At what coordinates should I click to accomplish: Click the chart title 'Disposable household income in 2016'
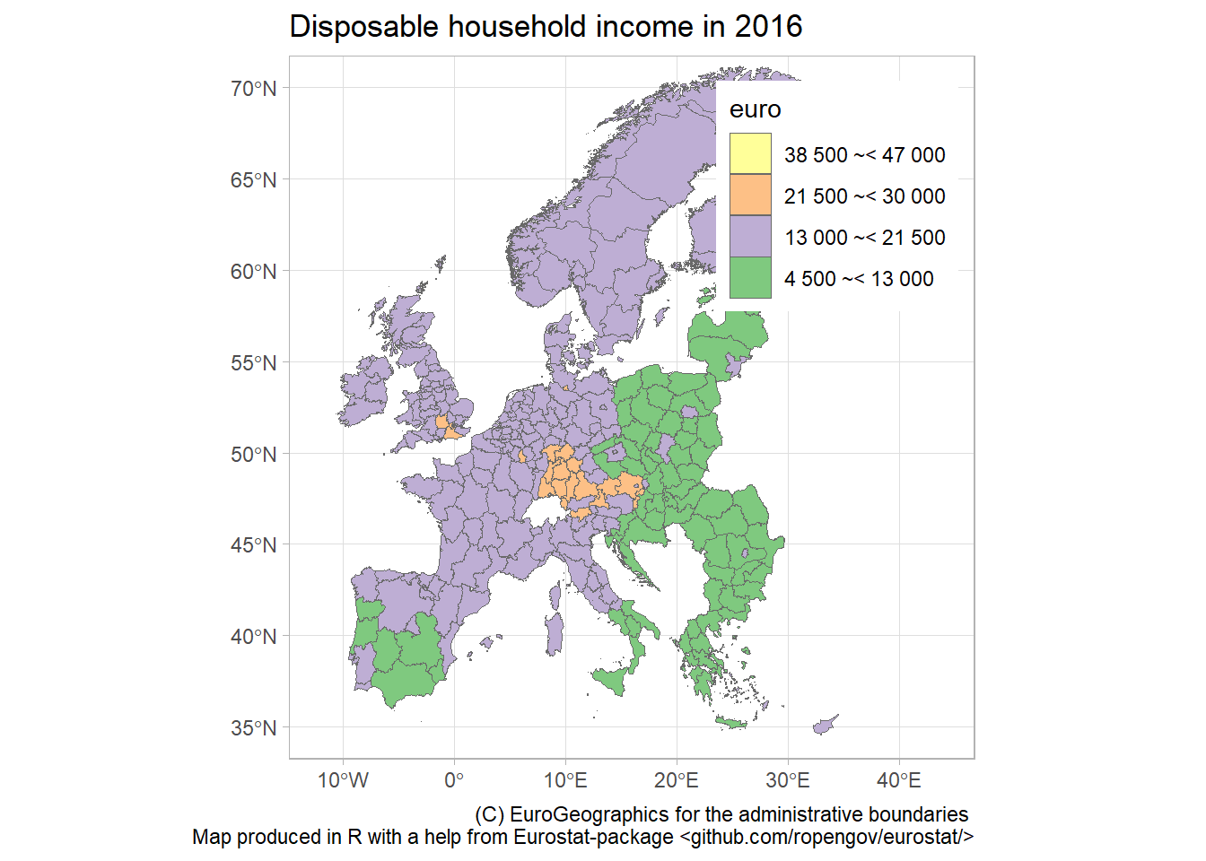pos(546,27)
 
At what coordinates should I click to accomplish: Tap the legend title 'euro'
pos(756,109)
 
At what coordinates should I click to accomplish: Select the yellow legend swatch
pos(750,153)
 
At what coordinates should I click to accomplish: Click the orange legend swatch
pos(750,195)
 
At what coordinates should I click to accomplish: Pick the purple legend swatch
pos(750,236)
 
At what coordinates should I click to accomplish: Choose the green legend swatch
pos(750,277)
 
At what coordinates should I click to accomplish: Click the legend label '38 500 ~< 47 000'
pos(864,155)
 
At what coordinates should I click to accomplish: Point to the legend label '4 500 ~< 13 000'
pos(859,279)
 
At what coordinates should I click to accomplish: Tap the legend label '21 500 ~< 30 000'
pos(864,196)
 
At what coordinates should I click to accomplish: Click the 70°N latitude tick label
pos(254,89)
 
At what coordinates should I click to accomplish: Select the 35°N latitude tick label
pos(254,727)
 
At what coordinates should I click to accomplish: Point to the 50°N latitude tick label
pos(254,454)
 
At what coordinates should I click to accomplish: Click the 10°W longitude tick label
pos(343,780)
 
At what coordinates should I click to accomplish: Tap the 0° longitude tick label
pos(454,780)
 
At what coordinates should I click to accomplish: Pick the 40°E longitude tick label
pos(899,780)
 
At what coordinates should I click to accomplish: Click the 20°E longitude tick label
pos(677,780)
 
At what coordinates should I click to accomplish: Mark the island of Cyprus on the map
pos(824,726)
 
